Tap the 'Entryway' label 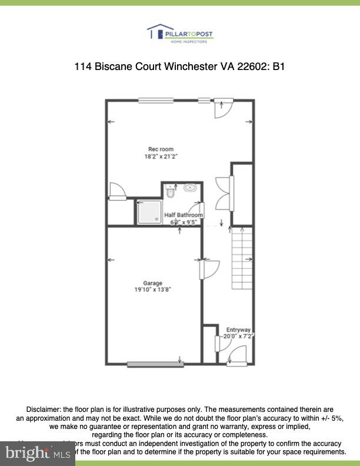click(238, 329)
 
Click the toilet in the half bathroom click(171, 191)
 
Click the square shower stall click(149, 212)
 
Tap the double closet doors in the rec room click(225, 191)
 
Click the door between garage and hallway click(207, 269)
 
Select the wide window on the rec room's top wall click(156, 101)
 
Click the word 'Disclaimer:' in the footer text click(44, 409)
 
